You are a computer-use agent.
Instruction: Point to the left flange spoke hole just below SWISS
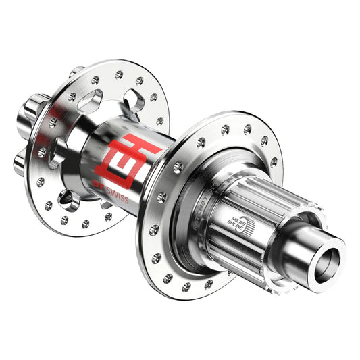click(x=108, y=217)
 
